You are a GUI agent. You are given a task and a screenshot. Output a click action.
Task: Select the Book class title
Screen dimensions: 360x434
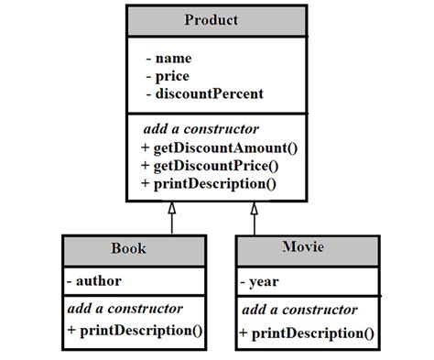[128, 248]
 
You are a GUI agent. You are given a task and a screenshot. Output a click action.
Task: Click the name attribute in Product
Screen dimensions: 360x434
[173, 59]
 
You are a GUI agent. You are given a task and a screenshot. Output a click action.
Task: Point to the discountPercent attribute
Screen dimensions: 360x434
[210, 93]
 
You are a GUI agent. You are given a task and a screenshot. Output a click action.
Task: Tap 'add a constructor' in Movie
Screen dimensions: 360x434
[298, 311]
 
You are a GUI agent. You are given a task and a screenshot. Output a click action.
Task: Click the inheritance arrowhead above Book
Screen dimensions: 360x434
[170, 209]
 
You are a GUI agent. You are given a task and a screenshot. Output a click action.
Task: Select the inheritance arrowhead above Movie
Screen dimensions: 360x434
[255, 209]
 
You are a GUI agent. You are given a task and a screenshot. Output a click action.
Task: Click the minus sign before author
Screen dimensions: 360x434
[70, 280]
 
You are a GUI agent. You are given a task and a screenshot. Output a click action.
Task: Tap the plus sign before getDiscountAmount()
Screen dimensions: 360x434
[145, 147]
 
